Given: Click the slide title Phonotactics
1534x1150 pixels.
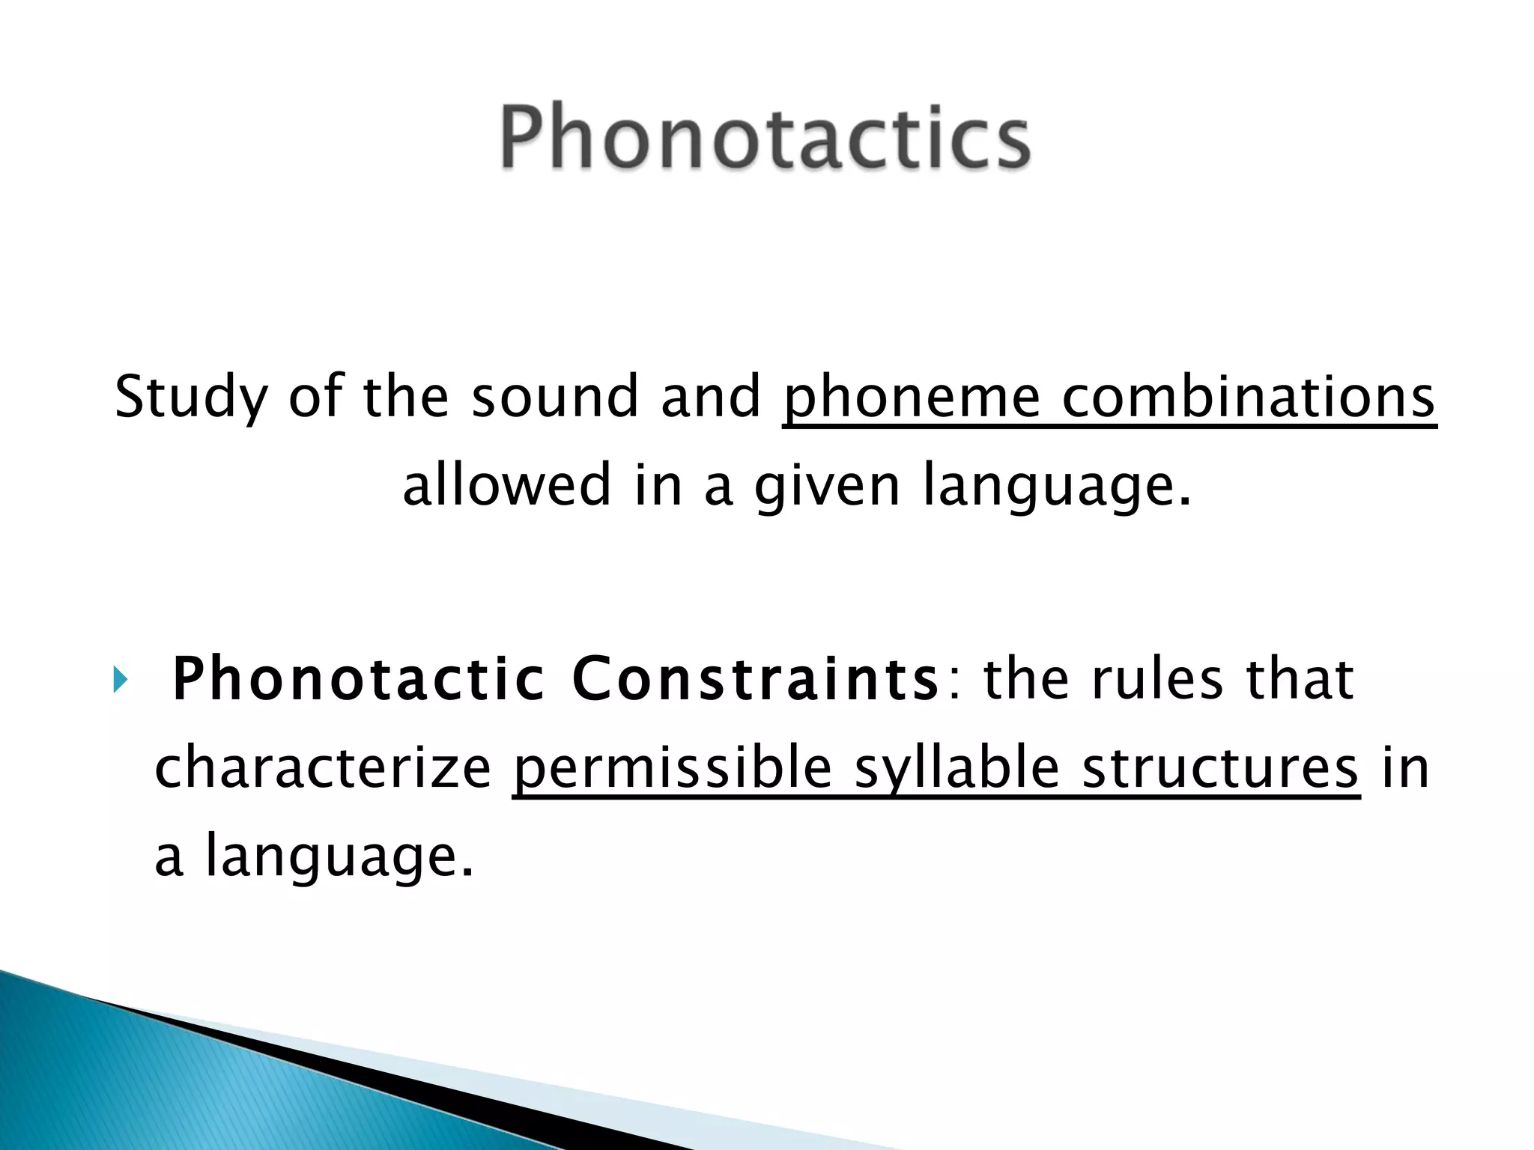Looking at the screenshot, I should click(766, 138).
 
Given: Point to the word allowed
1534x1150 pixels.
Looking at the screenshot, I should click(507, 484).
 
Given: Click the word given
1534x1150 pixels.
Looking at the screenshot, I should click(827, 484).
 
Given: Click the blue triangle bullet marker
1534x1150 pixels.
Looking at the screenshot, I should click(121, 681).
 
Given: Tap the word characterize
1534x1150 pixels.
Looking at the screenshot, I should click(323, 768).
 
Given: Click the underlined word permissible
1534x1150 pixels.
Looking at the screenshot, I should click(672, 768).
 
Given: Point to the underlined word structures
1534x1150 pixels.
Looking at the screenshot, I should click(1220, 768).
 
